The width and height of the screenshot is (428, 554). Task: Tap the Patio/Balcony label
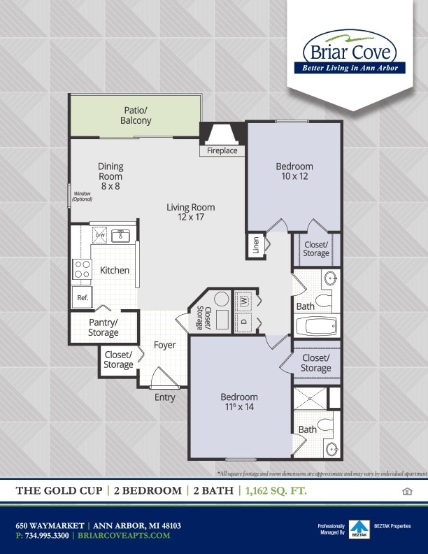point(135,115)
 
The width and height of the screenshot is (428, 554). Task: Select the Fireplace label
point(222,150)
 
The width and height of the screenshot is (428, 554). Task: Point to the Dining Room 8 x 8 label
point(110,176)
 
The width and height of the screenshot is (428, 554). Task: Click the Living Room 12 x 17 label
point(190,212)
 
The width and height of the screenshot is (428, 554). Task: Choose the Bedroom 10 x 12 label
point(294,171)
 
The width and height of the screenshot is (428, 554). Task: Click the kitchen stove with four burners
point(83,269)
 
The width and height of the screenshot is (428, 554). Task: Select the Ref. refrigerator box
point(82,297)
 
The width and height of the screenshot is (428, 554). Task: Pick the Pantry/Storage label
point(103,327)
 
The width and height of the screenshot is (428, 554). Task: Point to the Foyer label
point(164,345)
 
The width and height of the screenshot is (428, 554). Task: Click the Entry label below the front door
point(164,397)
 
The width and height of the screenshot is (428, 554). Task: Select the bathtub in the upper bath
point(316,326)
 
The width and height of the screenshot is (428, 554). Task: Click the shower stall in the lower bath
point(308,398)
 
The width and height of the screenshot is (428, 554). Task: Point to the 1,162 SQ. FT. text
point(276,491)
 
